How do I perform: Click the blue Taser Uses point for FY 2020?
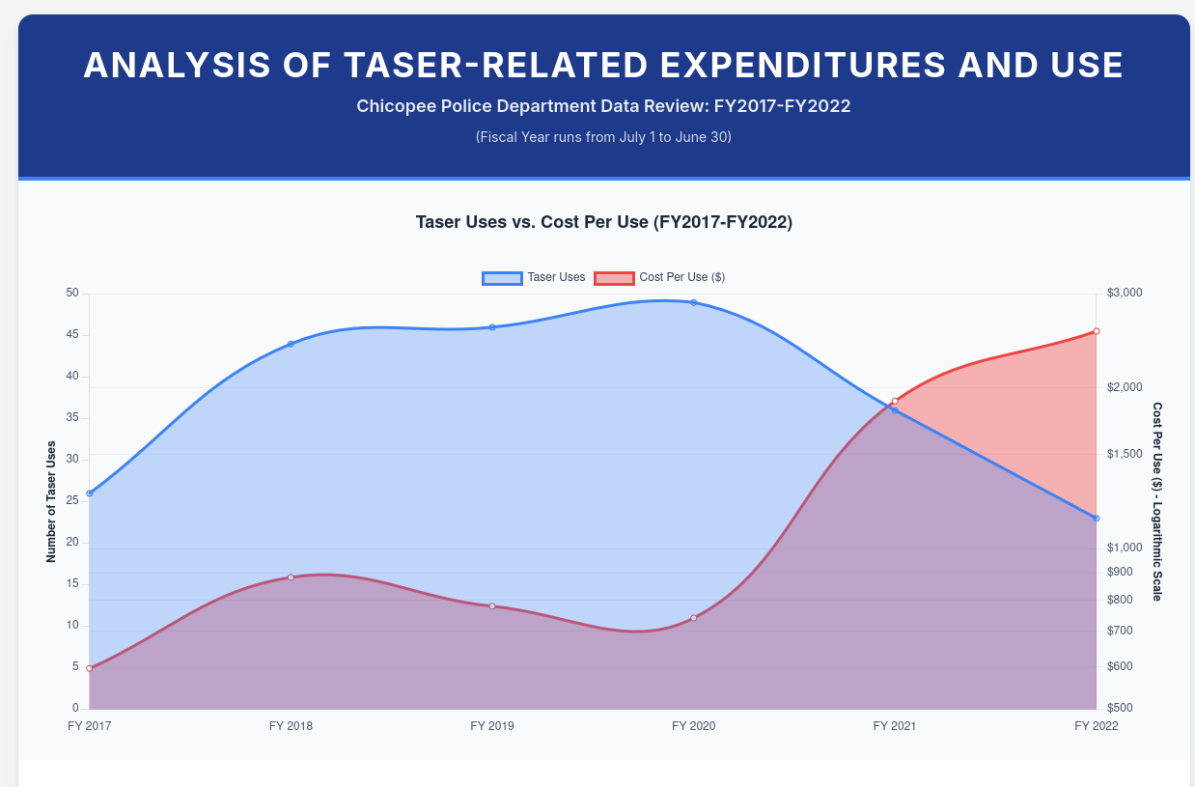pyautogui.click(x=693, y=302)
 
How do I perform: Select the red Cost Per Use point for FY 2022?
pyautogui.click(x=1096, y=331)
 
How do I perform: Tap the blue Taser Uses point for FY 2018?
pyautogui.click(x=291, y=344)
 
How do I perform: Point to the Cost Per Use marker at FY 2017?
pyautogui.click(x=90, y=668)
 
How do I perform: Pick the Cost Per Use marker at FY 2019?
pyautogui.click(x=492, y=606)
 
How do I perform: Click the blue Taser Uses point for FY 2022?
pyautogui.click(x=1096, y=519)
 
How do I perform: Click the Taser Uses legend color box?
pyautogui.click(x=502, y=278)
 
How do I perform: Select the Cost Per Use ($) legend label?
pyautogui.click(x=681, y=278)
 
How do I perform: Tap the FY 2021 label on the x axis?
pyautogui.click(x=894, y=726)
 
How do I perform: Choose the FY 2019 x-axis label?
pyautogui.click(x=491, y=726)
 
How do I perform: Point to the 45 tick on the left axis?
pyautogui.click(x=72, y=335)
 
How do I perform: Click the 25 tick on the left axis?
pyautogui.click(x=72, y=501)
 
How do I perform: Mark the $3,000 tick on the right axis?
pyautogui.click(x=1124, y=293)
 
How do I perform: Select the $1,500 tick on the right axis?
pyautogui.click(x=1124, y=454)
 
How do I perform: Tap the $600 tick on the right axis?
pyautogui.click(x=1120, y=666)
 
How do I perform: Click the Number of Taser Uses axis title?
pyautogui.click(x=51, y=501)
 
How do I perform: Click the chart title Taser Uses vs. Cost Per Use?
pyautogui.click(x=603, y=222)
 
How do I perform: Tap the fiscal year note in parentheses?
pyautogui.click(x=603, y=137)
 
